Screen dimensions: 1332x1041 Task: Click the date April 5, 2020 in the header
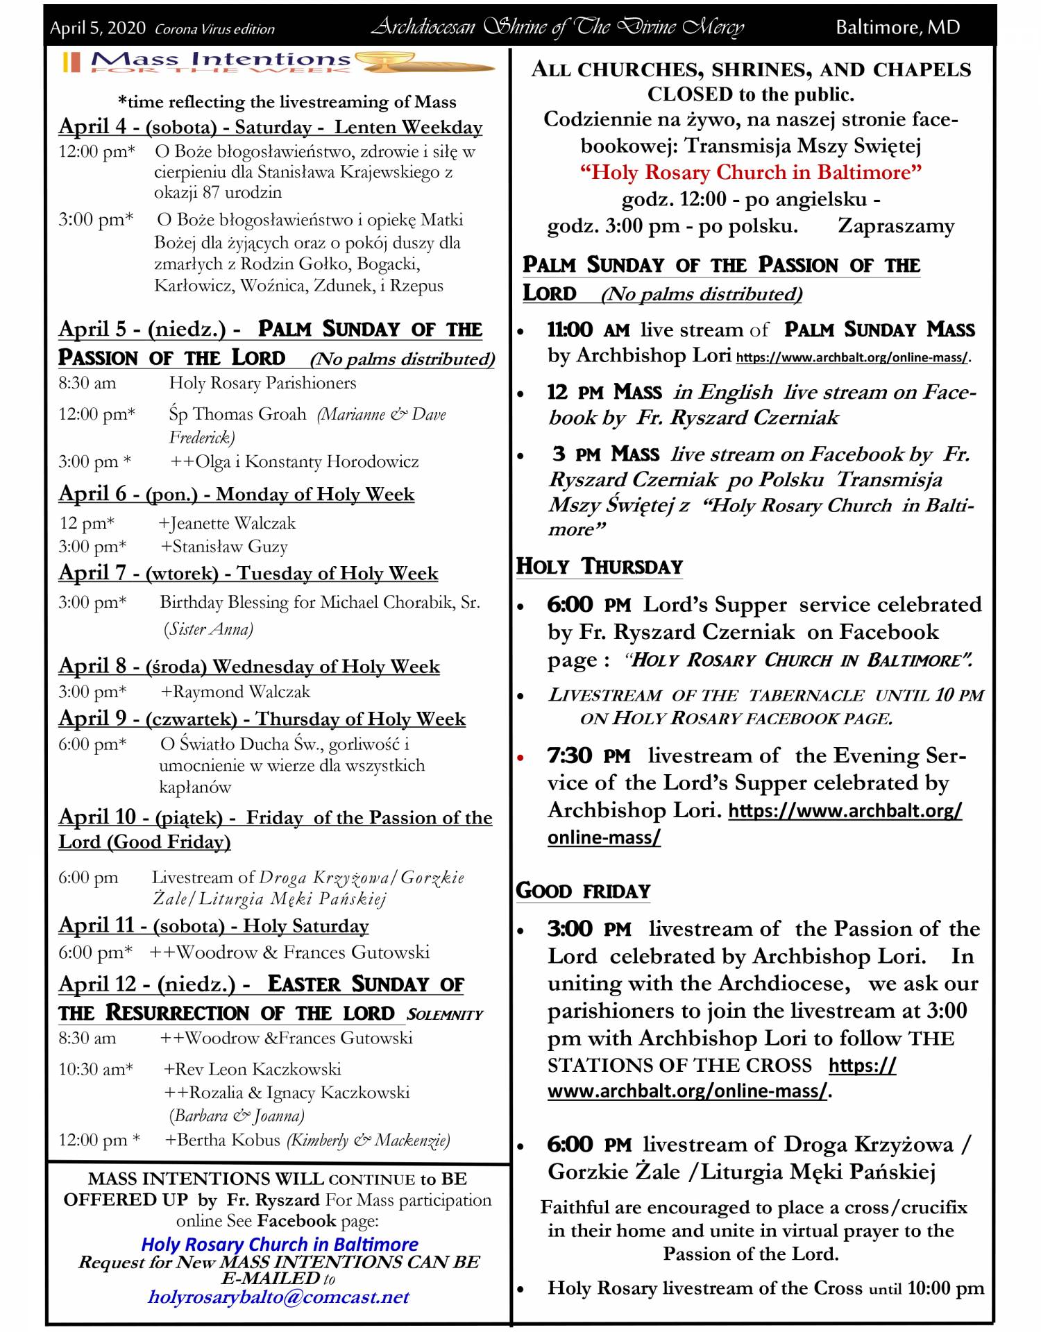(98, 28)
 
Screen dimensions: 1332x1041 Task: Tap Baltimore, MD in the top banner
(897, 27)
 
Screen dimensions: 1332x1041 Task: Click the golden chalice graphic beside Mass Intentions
(425, 63)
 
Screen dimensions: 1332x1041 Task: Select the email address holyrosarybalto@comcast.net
(279, 1297)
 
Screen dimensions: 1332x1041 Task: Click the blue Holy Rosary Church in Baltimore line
(280, 1244)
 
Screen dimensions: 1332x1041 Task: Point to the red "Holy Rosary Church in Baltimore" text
(751, 172)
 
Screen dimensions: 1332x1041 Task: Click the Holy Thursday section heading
(600, 567)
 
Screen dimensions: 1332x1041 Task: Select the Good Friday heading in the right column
(583, 891)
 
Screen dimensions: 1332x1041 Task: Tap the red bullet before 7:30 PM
(520, 757)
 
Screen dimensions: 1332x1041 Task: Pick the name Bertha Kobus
(223, 1140)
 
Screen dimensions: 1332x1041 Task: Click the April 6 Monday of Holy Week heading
(237, 494)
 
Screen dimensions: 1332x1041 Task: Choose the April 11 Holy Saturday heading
(214, 925)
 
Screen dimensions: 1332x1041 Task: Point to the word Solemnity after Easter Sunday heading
(445, 1014)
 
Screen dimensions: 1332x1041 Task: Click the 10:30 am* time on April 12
(95, 1069)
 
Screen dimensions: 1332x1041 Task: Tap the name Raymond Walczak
(236, 692)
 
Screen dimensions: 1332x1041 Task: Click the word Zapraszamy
(896, 226)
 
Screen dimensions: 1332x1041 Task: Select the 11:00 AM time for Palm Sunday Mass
(588, 330)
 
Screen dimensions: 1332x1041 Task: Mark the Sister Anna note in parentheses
(208, 629)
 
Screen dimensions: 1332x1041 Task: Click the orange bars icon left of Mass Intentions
(71, 62)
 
